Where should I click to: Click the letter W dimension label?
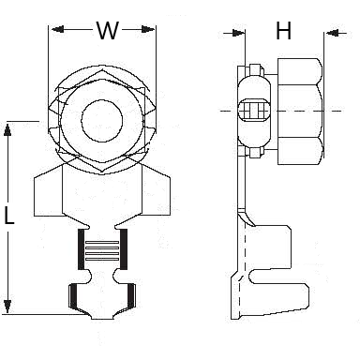tap(108, 30)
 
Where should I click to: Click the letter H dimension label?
tap(284, 31)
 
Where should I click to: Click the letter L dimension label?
tap(9, 215)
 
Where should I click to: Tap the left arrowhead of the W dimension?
tap(58, 29)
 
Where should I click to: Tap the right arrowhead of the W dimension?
tap(148, 29)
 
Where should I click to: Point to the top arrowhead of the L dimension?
tap(7, 129)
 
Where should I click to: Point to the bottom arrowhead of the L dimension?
tap(7, 306)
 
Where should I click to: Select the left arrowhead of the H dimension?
tap(238, 33)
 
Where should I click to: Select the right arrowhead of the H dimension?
tap(332, 33)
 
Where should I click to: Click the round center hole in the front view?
tap(102, 120)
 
